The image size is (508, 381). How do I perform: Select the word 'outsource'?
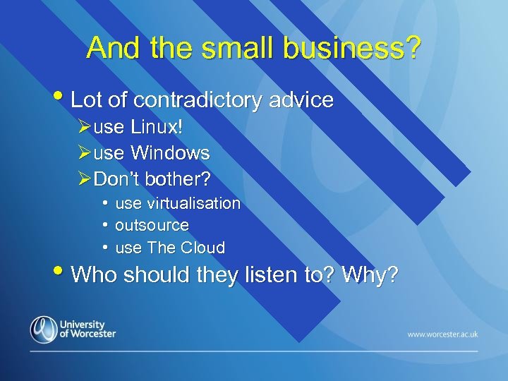tap(152, 226)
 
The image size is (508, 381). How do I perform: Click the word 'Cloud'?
tap(202, 248)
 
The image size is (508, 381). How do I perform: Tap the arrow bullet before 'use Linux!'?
tap(84, 128)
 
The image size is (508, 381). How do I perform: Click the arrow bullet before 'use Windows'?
tap(84, 153)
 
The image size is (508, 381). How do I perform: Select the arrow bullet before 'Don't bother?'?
tap(84, 179)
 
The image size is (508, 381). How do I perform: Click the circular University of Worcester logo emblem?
tap(43, 329)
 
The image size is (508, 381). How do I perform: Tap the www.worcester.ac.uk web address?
tap(442, 334)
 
